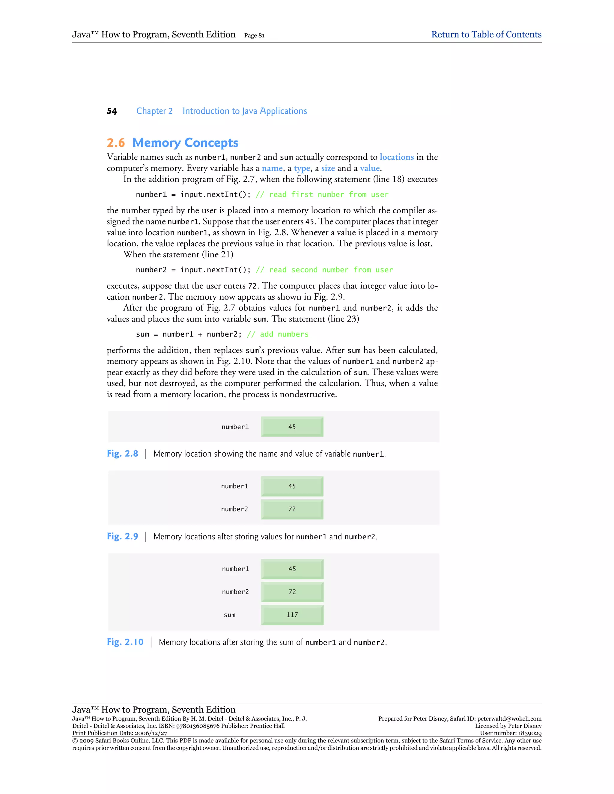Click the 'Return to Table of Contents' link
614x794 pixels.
[486, 34]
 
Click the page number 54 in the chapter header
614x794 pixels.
[112, 111]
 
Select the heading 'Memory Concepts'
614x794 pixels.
[185, 143]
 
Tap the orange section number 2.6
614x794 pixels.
[116, 143]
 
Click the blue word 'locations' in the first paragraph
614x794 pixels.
[396, 157]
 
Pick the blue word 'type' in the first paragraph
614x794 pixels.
[302, 168]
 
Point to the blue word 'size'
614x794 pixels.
[328, 168]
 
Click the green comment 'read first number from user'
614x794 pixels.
[329, 194]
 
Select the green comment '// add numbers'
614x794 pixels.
[278, 334]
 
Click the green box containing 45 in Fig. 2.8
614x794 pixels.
[292, 427]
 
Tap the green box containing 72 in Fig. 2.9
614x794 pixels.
[292, 509]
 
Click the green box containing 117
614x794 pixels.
[292, 615]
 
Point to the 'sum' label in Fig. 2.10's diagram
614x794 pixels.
[230, 615]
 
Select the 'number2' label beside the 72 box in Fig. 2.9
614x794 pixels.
[235, 509]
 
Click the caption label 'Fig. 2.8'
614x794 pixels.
[123, 454]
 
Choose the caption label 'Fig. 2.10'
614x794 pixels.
[125, 642]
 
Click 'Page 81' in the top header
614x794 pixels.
[254, 35]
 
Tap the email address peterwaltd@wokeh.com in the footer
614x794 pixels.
[509, 719]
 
